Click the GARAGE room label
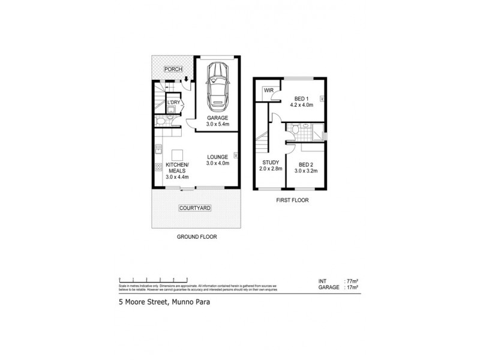pos(217,118)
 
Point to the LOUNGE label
pos(217,157)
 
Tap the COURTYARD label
pos(196,209)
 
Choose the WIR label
pos(267,92)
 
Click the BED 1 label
pos(303,99)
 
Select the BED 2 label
pos(306,164)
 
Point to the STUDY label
pos(269,162)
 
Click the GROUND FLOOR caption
pos(196,237)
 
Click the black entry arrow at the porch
pos(187,79)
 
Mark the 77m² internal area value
pos(352,281)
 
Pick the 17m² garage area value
pos(352,287)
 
